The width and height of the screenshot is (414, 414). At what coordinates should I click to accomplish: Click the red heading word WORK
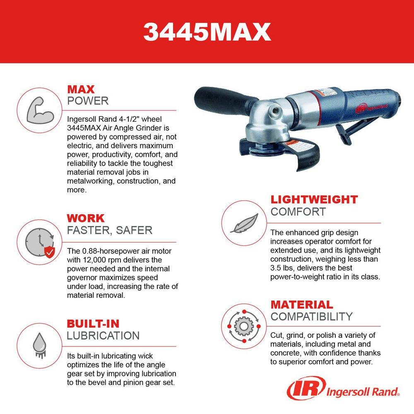86,218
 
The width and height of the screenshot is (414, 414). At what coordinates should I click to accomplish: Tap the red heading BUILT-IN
93,323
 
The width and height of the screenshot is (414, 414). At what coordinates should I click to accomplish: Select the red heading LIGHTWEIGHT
314,199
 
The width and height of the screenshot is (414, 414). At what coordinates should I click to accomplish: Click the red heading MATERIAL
302,305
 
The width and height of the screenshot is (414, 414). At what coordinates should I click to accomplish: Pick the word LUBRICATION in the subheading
103,335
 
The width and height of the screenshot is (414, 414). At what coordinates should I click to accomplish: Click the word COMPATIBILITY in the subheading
311,317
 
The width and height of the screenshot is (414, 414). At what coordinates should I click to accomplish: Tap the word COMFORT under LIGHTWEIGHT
298,212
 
